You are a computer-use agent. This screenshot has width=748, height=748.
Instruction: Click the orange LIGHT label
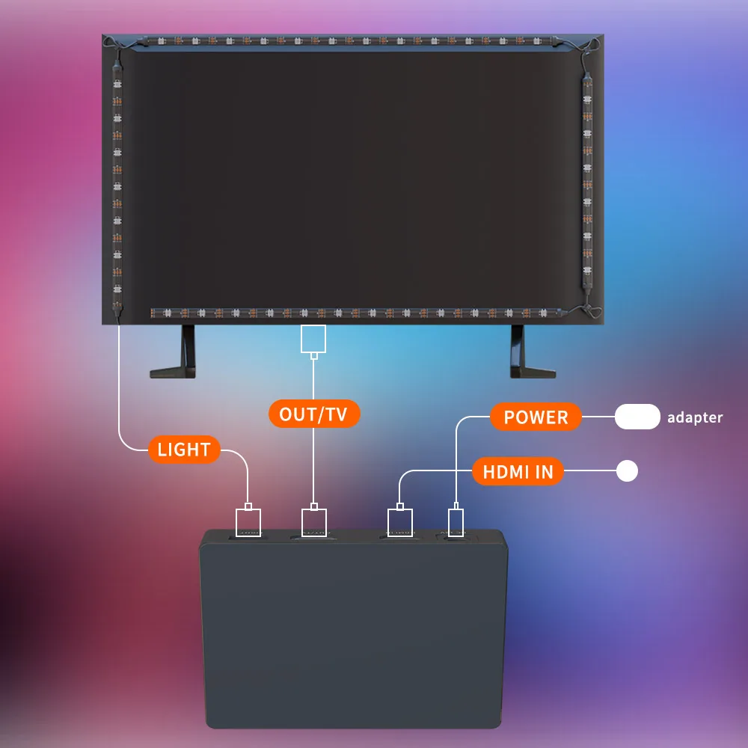183,450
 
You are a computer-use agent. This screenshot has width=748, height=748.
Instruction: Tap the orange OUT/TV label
313,414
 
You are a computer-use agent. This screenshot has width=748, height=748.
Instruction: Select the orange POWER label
536,417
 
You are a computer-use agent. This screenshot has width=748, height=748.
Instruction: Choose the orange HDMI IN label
517,471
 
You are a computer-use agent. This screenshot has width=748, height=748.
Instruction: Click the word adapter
695,417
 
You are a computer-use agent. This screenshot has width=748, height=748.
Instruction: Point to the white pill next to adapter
637,417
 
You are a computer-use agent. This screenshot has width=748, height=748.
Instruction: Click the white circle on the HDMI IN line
626,471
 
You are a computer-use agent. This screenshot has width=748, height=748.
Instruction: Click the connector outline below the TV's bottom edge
313,339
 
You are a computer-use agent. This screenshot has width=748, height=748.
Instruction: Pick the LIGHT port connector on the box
249,521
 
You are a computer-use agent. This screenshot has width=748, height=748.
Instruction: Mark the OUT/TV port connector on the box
313,521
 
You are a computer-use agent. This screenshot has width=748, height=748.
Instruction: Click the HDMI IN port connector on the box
400,521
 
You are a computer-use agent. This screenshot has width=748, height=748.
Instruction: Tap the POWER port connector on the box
456,521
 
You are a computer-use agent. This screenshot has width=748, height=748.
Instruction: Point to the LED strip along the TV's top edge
352,41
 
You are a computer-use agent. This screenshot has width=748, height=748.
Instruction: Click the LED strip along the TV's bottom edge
355,313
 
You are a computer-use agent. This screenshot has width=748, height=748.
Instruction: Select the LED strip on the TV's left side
117,187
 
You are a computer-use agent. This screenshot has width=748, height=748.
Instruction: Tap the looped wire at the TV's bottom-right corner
587,307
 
